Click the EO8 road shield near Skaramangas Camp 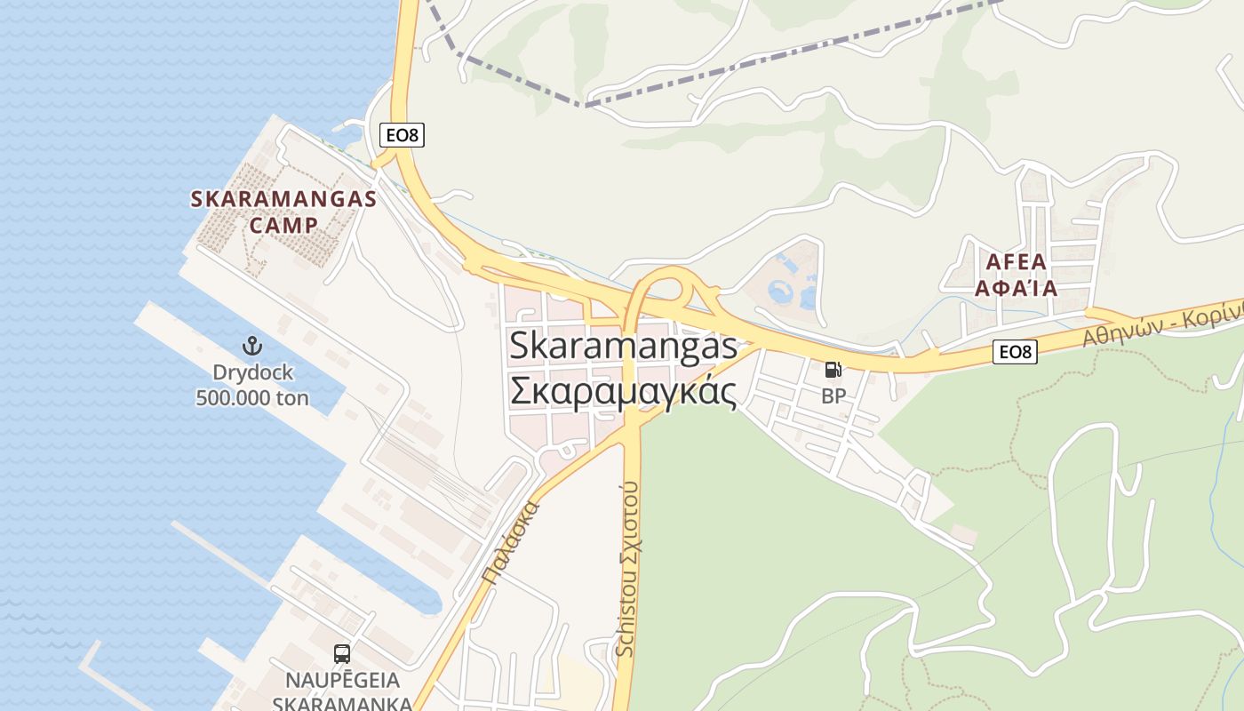(x=403, y=135)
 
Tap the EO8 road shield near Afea (x=1014, y=352)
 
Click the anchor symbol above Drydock (x=252, y=345)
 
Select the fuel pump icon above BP (x=833, y=370)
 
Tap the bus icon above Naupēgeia (x=341, y=654)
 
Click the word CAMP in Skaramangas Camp (x=283, y=225)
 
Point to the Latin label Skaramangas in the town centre (x=623, y=347)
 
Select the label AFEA (x=1017, y=262)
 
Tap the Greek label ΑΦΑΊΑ (x=1017, y=288)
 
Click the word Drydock (x=252, y=372)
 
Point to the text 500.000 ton (x=252, y=397)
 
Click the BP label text (x=833, y=396)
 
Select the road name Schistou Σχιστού (x=627, y=569)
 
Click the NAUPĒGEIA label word (x=342, y=681)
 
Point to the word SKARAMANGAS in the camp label (x=283, y=199)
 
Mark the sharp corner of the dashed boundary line (x=583, y=106)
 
